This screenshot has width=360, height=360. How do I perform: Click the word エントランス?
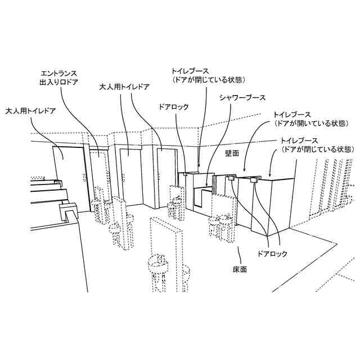59,74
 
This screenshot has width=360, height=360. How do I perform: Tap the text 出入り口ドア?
59,82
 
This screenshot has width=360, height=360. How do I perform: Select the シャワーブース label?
242,97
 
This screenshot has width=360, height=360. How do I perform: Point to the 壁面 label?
232,152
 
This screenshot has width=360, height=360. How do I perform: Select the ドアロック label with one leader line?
174,106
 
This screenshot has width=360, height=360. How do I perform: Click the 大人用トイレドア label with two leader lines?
125,87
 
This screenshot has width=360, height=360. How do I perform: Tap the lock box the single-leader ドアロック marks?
184,175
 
